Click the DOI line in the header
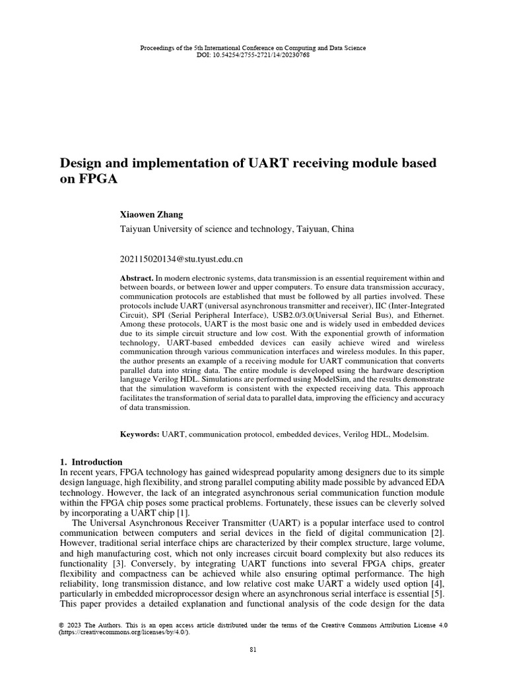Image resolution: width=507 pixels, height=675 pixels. (x=253, y=55)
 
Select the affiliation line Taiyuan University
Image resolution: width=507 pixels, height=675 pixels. (x=237, y=229)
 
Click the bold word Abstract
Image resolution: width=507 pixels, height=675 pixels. (x=136, y=279)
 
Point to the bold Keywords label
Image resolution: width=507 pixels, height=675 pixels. (x=139, y=435)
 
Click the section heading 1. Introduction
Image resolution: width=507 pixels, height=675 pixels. (x=91, y=462)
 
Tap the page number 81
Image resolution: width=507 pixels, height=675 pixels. (x=253, y=649)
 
